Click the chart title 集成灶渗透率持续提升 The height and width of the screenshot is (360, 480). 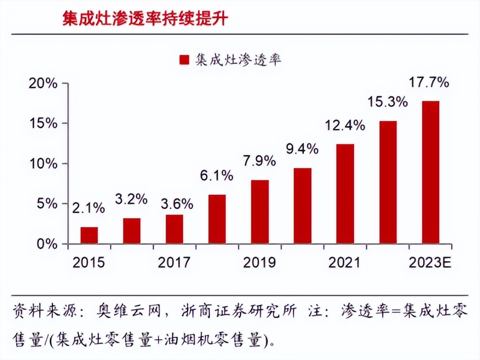[x=145, y=19]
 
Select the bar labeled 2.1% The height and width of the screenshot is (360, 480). [x=89, y=236]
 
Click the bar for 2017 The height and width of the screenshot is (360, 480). [x=174, y=229]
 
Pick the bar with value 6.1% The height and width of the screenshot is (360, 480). [x=217, y=219]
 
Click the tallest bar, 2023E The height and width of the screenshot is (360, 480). [x=430, y=172]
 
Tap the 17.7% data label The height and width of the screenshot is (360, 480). [x=429, y=83]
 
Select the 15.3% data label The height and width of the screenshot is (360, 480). [x=388, y=102]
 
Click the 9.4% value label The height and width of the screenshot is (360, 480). [x=302, y=149]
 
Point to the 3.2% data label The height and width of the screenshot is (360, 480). [x=131, y=199]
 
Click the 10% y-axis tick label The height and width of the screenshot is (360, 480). [x=44, y=163]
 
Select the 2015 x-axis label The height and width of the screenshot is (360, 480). [x=89, y=262]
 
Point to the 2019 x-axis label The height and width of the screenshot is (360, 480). [x=259, y=262]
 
